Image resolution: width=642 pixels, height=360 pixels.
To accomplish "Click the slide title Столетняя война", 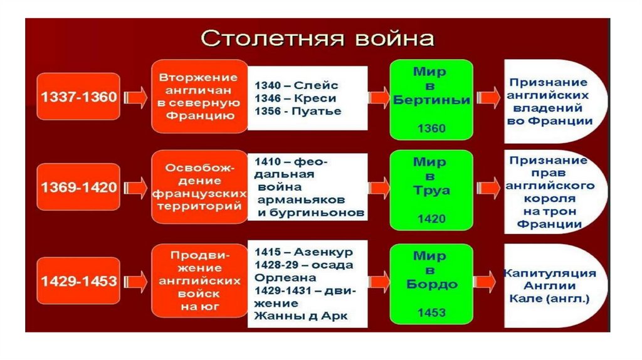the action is click(x=317, y=38).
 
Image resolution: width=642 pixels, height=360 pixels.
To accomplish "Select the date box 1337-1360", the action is click(x=79, y=97).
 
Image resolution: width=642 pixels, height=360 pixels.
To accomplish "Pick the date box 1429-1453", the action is click(x=79, y=280).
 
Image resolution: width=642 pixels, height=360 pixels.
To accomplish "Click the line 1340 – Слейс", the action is click(x=297, y=85).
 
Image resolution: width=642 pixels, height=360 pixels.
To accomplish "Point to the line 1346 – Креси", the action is click(x=295, y=98).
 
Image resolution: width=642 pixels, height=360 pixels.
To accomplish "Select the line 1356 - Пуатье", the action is click(x=298, y=111).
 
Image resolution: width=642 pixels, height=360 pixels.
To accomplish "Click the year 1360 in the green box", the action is click(x=431, y=128).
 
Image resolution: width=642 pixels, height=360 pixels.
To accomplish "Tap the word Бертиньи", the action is click(x=431, y=100).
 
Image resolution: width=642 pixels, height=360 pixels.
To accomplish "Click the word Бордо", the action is click(x=431, y=284).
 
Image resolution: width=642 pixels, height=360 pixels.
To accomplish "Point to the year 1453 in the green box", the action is click(x=431, y=312).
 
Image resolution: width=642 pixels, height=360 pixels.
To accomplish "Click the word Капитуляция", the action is click(x=549, y=273).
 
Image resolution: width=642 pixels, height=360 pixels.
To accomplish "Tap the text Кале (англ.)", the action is click(x=549, y=299).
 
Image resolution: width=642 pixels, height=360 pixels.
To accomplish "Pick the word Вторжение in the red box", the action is click(x=198, y=78).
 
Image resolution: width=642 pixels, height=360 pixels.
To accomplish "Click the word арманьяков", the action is click(x=300, y=200).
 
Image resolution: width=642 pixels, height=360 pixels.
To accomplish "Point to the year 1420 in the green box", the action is click(x=431, y=219).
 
